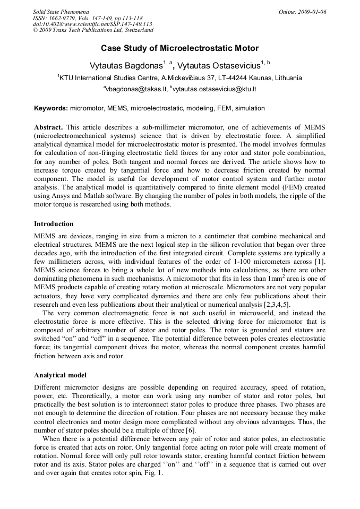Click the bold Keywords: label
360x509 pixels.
51,108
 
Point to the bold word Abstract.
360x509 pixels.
48,127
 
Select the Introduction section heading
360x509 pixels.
54,224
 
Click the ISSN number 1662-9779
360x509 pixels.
63,18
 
